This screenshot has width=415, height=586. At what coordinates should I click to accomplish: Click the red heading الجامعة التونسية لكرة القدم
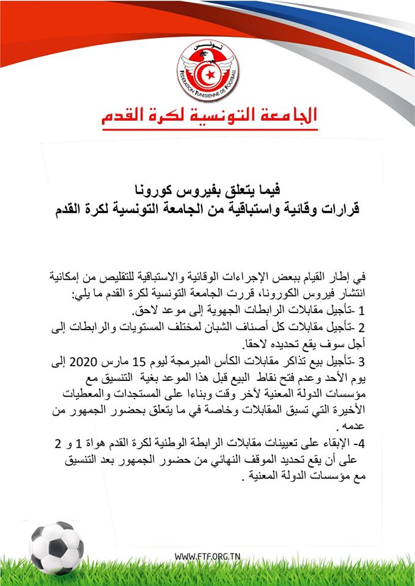208,115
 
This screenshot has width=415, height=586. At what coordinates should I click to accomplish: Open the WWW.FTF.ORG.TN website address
207,557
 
